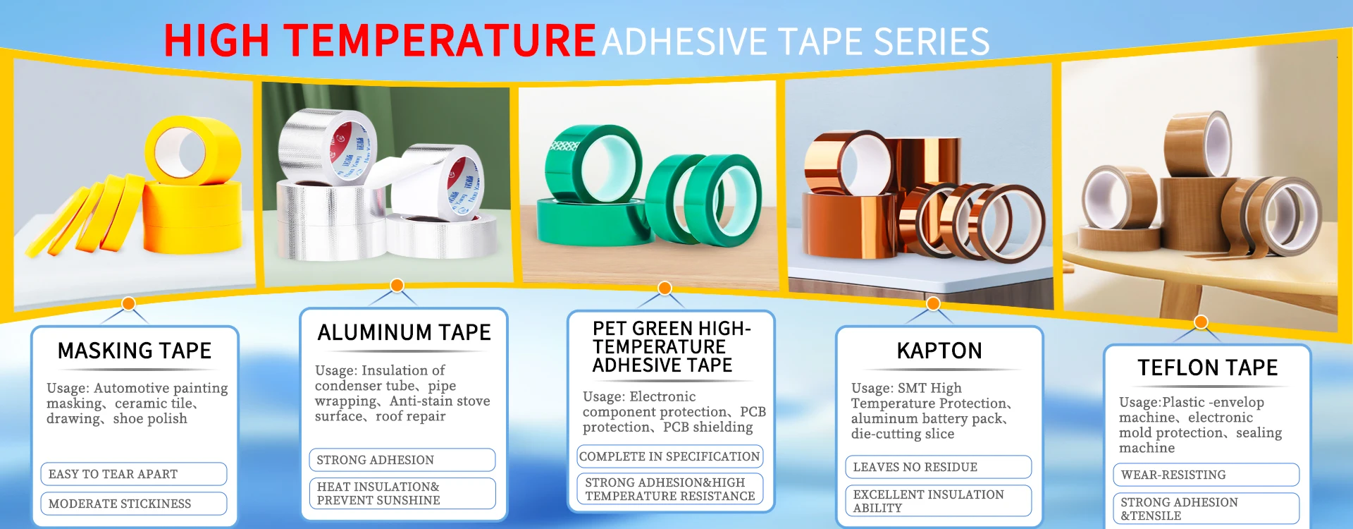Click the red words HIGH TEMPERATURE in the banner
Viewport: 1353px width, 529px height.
pos(380,40)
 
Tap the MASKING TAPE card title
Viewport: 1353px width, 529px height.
pos(135,351)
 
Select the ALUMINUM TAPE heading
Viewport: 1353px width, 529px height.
pos(404,332)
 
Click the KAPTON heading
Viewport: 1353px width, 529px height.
pos(939,351)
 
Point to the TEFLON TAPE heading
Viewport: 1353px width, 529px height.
pos(1207,367)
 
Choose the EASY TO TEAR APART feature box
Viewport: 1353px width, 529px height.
pos(134,474)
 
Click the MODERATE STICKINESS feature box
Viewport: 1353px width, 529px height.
pos(134,504)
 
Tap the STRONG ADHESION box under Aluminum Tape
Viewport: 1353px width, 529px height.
pos(402,460)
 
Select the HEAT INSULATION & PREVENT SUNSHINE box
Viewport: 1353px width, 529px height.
pos(402,494)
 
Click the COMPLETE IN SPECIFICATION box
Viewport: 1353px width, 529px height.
pos(669,456)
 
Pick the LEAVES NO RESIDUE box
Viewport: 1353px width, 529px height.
pos(938,467)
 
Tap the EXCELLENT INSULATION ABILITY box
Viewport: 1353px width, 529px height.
pos(938,501)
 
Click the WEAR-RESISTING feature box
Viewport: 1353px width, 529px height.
pos(1206,475)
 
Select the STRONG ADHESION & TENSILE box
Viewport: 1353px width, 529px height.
pos(1206,509)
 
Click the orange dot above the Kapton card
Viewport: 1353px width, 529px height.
pos(933,303)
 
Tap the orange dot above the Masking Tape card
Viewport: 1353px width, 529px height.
pos(128,303)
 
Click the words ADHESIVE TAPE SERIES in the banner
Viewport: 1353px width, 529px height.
pos(796,42)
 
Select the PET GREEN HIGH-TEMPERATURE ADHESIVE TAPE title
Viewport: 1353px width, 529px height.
pos(671,347)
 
